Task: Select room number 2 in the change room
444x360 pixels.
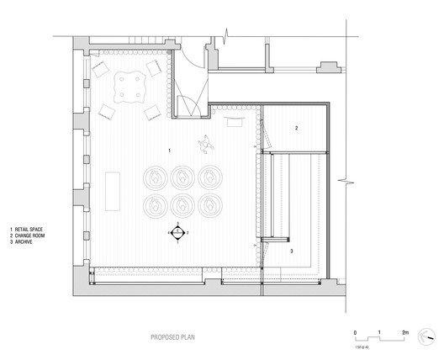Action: (296, 128)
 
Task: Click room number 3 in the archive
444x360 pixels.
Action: (292, 251)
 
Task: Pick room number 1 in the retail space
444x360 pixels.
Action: (170, 149)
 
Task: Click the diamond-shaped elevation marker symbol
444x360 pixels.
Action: (177, 231)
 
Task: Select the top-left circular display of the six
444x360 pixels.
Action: (156, 177)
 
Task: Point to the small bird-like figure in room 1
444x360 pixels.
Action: (205, 145)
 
